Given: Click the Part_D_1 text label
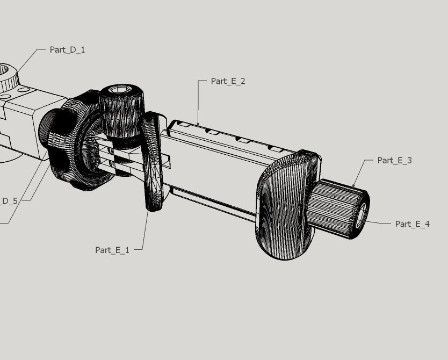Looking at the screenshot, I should coord(67,49).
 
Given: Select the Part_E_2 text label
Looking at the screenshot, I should coord(228,81).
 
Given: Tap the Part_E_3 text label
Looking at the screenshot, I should coord(394,160).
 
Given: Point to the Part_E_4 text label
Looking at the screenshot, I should coord(412,224).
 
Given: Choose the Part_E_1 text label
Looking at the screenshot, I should coord(112,250).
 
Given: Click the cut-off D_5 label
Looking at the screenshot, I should coord(9,201).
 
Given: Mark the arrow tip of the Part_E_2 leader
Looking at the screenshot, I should coord(198,126).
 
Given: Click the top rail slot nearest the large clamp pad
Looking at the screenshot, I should coord(275,148).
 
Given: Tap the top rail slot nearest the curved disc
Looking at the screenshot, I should coord(183,124).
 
